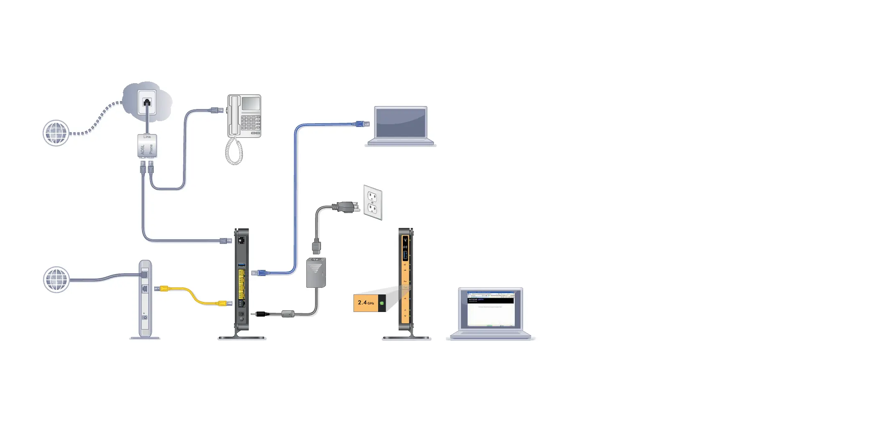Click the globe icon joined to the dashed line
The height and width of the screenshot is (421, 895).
tap(56, 133)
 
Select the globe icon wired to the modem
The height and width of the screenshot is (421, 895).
tap(56, 279)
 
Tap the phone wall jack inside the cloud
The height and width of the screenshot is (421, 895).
tap(147, 102)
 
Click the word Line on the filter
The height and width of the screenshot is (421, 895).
tap(147, 137)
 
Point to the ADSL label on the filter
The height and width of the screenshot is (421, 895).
tap(143, 149)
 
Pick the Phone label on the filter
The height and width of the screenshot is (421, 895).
tap(151, 149)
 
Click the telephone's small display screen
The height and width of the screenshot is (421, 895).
tap(250, 104)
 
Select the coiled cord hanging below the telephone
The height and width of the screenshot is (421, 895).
tap(234, 151)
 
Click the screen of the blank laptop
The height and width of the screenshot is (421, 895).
tap(401, 122)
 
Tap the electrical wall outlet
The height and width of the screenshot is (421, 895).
tap(373, 203)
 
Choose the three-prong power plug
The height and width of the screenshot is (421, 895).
tap(346, 207)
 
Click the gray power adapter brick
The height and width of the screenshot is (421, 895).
tap(316, 273)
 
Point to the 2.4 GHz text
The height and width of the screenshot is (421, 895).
tap(366, 303)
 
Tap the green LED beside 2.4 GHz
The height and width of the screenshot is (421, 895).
tap(382, 303)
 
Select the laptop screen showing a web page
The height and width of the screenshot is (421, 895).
tap(491, 309)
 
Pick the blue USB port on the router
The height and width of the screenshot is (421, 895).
tap(242, 265)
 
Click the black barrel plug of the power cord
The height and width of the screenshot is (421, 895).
tap(262, 314)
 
